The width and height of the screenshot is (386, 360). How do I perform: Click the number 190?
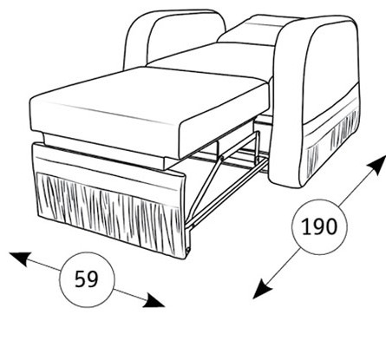coord(319,226)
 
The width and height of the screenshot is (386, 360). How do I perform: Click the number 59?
coord(87,279)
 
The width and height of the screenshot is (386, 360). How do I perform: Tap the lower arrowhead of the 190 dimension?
coord(262,288)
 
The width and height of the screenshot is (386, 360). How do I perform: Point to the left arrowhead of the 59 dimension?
coord(20,259)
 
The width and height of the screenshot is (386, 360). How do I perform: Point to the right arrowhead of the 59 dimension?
coord(154,301)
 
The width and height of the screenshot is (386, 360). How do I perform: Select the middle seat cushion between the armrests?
coord(211,58)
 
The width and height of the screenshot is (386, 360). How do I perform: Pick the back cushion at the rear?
coord(254,30)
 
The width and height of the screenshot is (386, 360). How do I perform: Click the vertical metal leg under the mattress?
coord(256,146)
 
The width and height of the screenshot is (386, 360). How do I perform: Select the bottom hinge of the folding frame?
coord(188,249)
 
